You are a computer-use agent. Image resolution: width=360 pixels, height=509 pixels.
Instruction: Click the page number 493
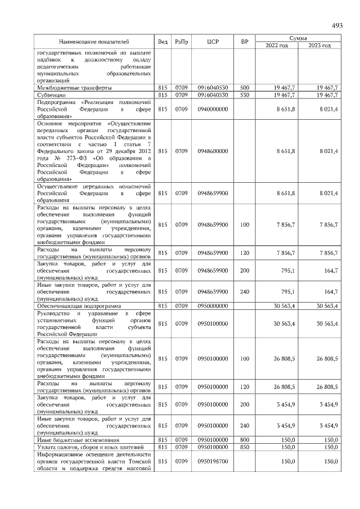(337, 26)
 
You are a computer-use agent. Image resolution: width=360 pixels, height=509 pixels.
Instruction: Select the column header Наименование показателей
(94, 42)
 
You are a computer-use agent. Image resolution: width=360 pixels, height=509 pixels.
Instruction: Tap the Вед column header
(163, 42)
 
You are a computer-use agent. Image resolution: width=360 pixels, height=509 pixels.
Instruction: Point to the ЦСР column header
(213, 42)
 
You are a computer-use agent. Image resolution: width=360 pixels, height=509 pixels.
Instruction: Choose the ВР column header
(245, 42)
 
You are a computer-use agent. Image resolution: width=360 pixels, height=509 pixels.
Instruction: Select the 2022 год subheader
(277, 45)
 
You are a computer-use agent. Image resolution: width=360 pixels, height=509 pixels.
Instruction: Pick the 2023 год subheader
(319, 45)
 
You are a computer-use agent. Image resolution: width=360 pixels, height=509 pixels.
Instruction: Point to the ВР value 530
(245, 95)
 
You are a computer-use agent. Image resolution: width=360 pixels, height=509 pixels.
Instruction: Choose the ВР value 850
(245, 447)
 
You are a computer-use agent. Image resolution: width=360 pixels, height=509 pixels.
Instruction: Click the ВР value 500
(245, 88)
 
